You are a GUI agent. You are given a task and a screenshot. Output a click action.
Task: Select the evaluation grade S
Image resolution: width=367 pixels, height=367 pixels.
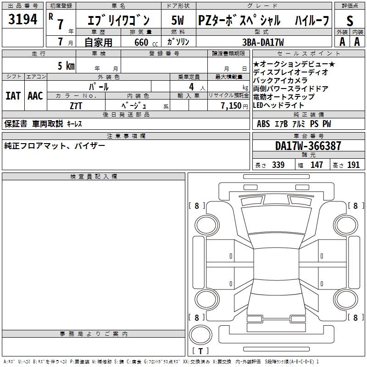pyautogui.click(x=350, y=21)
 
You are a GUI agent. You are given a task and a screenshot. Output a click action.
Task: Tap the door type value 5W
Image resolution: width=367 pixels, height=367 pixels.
pyautogui.click(x=178, y=20)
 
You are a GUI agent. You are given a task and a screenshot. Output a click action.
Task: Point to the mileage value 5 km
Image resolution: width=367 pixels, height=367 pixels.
pyautogui.click(x=66, y=66)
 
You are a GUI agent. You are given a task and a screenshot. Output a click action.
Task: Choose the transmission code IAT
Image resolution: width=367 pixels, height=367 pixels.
pyautogui.click(x=13, y=96)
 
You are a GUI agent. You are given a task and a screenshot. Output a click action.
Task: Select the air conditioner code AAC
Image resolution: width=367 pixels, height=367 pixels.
pyautogui.click(x=35, y=96)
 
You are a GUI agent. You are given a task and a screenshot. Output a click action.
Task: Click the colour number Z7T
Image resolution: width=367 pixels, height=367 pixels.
pyautogui.click(x=76, y=105)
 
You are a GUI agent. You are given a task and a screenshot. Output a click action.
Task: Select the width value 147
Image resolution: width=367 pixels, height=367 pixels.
pyautogui.click(x=317, y=165)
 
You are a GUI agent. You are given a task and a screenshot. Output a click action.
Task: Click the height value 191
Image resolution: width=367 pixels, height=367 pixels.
pyautogui.click(x=353, y=165)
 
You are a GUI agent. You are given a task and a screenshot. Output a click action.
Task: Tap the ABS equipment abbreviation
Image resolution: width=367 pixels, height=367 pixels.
pyautogui.click(x=263, y=124)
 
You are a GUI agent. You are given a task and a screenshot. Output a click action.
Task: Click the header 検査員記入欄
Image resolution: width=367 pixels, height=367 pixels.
pyautogui.click(x=94, y=177)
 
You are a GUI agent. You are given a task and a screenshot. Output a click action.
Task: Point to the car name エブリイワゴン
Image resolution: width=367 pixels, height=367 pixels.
pyautogui.click(x=118, y=21)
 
